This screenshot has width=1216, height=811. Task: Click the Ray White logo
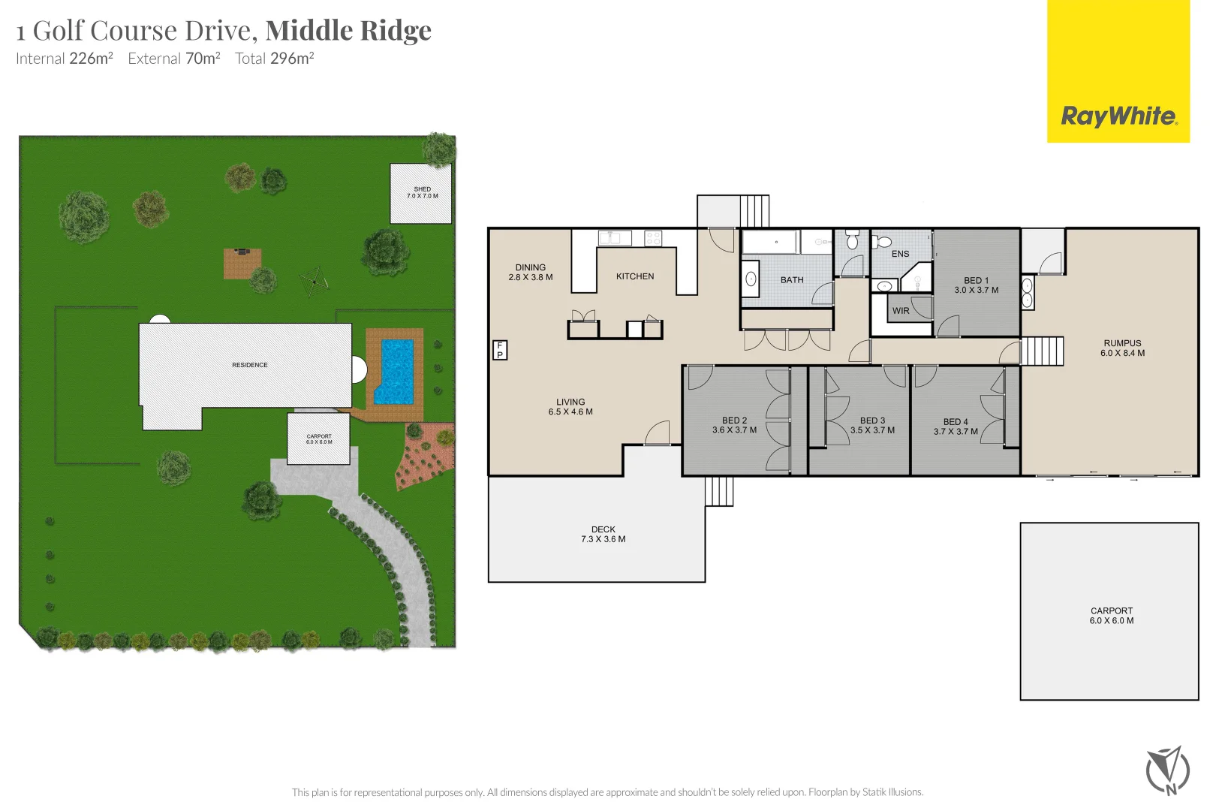(x=1118, y=116)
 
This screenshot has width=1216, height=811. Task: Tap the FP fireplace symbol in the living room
(x=499, y=350)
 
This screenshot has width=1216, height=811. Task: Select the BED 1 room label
(x=976, y=285)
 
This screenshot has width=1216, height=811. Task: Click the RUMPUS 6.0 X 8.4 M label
(x=1122, y=348)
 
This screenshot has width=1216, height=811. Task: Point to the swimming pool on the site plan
(x=395, y=371)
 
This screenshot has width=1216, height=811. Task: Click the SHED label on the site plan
(x=422, y=192)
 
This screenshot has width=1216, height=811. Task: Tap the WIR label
(x=901, y=311)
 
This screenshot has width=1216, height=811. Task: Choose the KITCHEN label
(x=635, y=276)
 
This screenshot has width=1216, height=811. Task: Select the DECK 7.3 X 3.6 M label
(x=603, y=534)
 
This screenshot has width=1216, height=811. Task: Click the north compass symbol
(x=1168, y=770)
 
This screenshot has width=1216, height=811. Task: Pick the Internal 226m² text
(x=65, y=59)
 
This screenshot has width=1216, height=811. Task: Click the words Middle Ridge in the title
(x=348, y=30)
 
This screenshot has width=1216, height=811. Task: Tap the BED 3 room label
(x=872, y=426)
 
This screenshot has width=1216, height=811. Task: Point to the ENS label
(x=900, y=254)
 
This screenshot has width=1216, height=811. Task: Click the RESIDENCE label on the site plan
(x=249, y=365)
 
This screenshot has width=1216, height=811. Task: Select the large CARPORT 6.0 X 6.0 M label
(x=1111, y=616)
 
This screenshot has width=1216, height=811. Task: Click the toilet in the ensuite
(x=881, y=242)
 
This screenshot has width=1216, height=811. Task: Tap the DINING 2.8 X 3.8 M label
(x=530, y=272)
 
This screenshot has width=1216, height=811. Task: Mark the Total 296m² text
(x=274, y=59)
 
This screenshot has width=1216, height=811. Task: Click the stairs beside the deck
(x=719, y=492)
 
